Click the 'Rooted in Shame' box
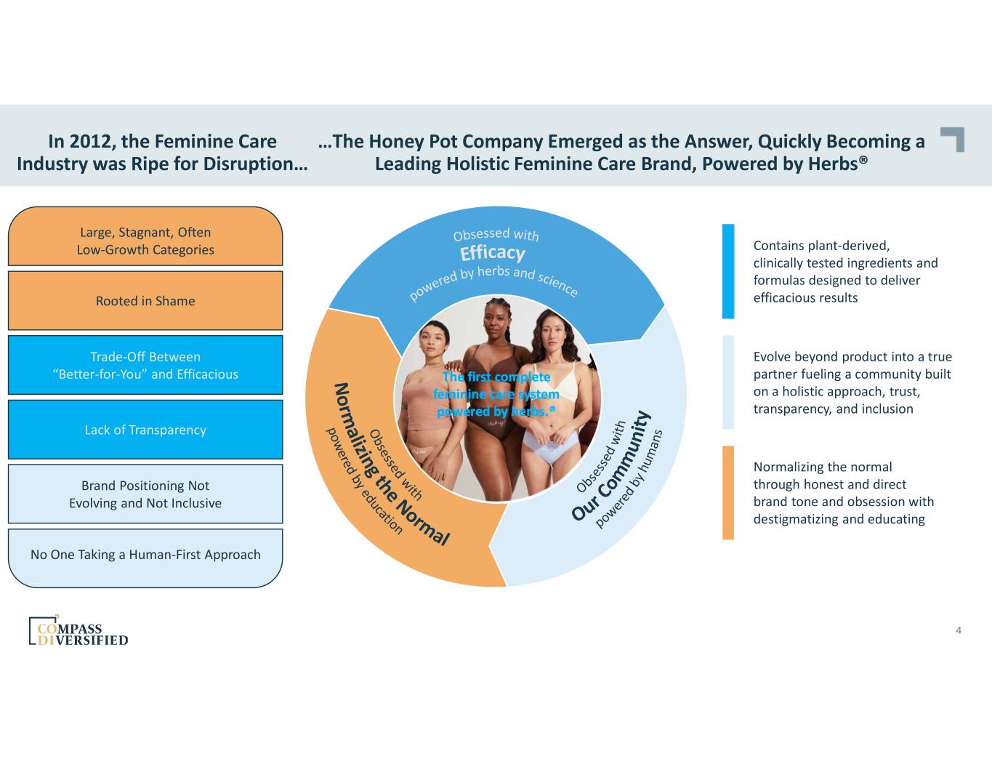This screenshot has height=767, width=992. [145, 301]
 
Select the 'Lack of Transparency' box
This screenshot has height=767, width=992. [145, 430]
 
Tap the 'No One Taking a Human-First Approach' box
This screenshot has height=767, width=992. [145, 555]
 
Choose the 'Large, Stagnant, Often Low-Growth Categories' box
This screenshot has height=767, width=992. [145, 241]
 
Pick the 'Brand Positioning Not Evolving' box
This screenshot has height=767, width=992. [145, 494]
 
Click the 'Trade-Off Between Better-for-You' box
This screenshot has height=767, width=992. [145, 366]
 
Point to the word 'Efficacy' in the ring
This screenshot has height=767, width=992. [492, 253]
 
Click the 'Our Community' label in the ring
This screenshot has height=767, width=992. [609, 466]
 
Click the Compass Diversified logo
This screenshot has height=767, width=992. [78, 631]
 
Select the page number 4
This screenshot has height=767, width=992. [959, 630]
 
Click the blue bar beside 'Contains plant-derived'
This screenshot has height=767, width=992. [727, 271]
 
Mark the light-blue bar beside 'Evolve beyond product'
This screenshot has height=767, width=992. [727, 382]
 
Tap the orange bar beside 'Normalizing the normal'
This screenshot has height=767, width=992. [727, 493]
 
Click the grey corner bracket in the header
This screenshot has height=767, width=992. [953, 139]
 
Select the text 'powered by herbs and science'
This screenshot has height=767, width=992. [494, 280]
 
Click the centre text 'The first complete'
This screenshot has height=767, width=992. [496, 377]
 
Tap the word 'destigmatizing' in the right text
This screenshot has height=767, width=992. [798, 519]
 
